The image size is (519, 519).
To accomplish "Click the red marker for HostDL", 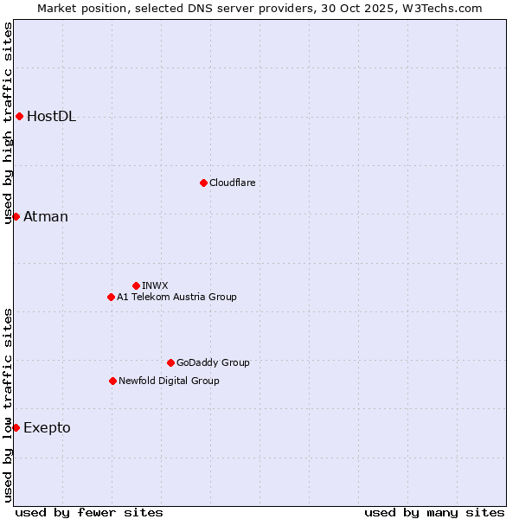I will coord(19,117).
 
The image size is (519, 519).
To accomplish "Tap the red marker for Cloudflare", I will coord(203,183).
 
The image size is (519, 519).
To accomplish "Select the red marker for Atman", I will coord(16,216).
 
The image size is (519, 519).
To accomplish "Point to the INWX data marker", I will coord(136,285).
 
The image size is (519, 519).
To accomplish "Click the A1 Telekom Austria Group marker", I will coord(111,297).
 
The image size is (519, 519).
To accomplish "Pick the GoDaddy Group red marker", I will coord(170,362).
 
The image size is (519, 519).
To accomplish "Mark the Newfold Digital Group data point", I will coord(112,381).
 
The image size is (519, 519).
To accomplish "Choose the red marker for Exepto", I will coord(16,427).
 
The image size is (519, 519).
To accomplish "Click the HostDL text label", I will coord(51,117).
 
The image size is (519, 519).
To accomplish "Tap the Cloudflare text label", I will coord(232,183).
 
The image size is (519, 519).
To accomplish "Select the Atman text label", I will coord(45,216).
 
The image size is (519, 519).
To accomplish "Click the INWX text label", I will coord(155,285).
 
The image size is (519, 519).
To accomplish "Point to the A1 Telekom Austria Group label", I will coord(176,297).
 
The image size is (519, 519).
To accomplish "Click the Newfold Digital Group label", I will coord(169,381).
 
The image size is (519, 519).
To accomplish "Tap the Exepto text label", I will coord(47,427).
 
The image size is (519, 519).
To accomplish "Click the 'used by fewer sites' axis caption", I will coord(89,512).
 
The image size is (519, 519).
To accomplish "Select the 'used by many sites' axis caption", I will coord(434,512).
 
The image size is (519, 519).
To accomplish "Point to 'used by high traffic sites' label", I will coord(8,123).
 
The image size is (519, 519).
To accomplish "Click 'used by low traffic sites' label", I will coord(8,404).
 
